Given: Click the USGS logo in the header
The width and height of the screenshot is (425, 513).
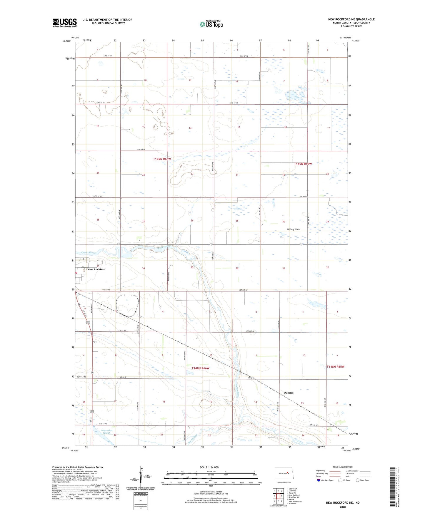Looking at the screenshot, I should click(65, 22).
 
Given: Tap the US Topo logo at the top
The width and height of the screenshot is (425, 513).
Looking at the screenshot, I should click(211, 24).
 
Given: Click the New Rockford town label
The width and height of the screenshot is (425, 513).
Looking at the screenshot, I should click(96, 269).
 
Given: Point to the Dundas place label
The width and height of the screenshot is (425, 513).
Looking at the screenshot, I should click(288, 393).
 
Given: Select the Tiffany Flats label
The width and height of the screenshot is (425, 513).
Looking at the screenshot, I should click(293, 229).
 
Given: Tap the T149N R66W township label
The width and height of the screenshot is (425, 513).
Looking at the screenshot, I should click(162, 159).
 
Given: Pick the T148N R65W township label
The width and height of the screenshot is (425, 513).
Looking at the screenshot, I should click(335, 367).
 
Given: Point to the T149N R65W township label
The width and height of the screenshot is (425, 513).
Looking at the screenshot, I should click(303, 164).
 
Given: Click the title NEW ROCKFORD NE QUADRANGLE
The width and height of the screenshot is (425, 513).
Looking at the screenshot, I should click(351, 19).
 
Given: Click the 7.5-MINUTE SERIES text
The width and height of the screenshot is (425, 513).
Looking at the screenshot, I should click(351, 26).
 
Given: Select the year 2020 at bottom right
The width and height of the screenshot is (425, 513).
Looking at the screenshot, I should click(343, 507).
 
